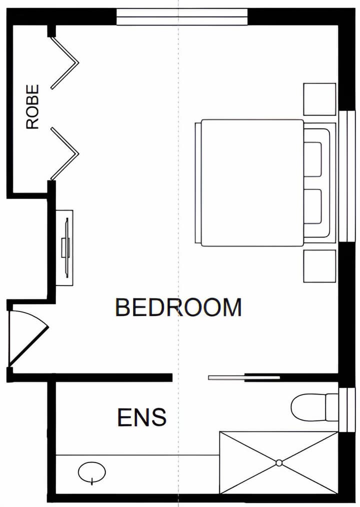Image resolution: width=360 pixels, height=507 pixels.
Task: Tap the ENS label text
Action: [141, 417]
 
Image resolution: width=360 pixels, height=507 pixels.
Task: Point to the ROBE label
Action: [32, 106]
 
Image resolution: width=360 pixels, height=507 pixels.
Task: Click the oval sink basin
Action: [92, 472]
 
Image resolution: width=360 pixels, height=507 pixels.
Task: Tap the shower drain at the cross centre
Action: [279, 463]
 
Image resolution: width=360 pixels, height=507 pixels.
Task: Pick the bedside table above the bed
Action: [319, 99]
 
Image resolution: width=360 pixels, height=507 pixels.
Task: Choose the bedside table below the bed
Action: [319, 266]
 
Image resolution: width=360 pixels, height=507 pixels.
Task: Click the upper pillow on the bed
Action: [313, 159]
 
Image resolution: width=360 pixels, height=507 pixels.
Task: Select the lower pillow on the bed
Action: [313, 206]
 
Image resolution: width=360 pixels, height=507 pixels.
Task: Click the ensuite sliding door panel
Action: [244, 377]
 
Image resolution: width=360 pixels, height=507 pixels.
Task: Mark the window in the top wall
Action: [182, 17]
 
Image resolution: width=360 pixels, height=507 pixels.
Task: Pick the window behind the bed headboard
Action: [346, 176]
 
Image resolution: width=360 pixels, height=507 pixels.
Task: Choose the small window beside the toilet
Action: [346, 410]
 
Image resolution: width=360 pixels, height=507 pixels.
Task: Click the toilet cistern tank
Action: [332, 407]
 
